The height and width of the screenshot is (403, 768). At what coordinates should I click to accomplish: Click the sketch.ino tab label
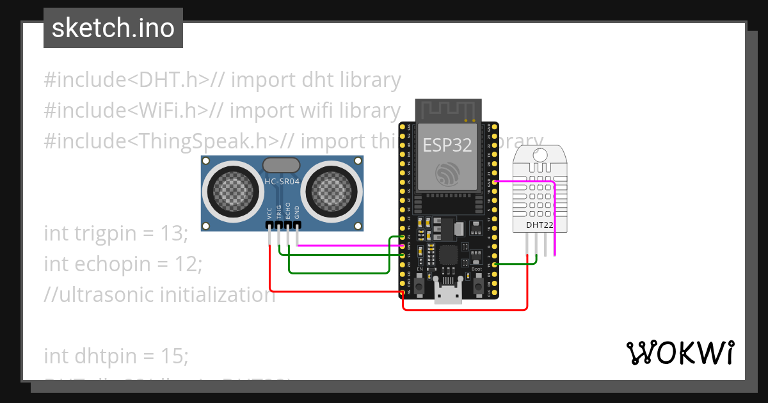113,28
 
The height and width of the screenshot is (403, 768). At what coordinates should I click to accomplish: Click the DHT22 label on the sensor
539,225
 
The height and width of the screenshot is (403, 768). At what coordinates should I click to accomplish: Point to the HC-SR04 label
282,182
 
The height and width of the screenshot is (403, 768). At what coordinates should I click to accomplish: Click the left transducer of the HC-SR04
228,190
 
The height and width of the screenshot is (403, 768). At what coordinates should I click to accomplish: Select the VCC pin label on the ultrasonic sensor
270,213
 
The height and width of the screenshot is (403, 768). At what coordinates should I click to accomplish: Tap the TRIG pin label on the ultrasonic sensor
279,212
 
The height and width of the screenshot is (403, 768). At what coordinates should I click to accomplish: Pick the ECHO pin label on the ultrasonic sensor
288,212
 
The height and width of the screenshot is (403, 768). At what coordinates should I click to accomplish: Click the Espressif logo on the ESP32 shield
447,173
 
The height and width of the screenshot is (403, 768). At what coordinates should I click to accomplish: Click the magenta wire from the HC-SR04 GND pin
346,245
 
